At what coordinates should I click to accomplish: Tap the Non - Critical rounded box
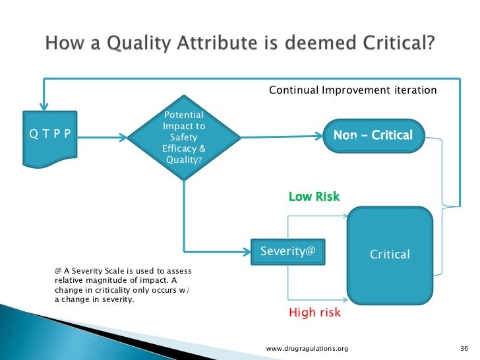pyautogui.click(x=373, y=136)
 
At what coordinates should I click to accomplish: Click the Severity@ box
pyautogui.click(x=287, y=251)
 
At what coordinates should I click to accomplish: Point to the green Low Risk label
pyautogui.click(x=315, y=196)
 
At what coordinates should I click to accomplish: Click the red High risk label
pyautogui.click(x=315, y=313)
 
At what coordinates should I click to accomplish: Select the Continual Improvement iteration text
pyautogui.click(x=353, y=90)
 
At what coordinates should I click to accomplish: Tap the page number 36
pyautogui.click(x=462, y=347)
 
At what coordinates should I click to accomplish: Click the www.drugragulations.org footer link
pyautogui.click(x=307, y=347)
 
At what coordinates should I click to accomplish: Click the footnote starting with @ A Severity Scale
pyautogui.click(x=122, y=285)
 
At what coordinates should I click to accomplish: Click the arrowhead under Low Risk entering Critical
pyautogui.click(x=343, y=215)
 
